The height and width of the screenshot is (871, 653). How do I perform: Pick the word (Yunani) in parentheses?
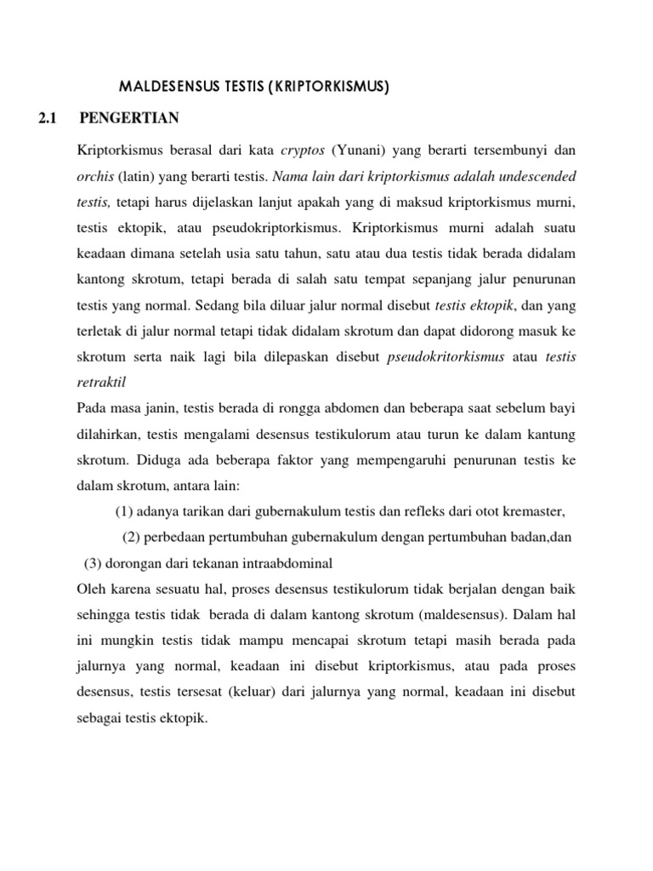(358, 151)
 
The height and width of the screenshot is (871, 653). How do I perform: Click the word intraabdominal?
(289, 563)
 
